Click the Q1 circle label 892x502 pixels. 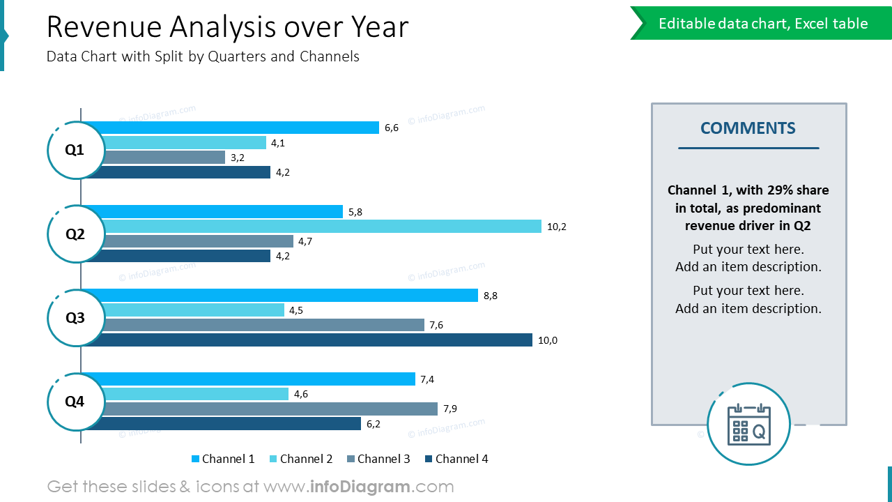pos(75,150)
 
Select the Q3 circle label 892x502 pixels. pos(75,318)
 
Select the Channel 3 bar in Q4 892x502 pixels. pos(271,409)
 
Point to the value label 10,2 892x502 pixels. pos(557,227)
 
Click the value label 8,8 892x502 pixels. pos(491,296)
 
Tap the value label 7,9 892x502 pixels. pos(450,409)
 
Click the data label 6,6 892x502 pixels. pos(392,128)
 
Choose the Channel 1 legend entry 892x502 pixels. pos(223,459)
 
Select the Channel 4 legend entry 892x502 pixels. pos(456,459)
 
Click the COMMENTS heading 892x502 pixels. pos(748,128)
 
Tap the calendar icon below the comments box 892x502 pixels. pos(748,424)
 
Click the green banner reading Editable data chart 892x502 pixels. pos(762,24)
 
